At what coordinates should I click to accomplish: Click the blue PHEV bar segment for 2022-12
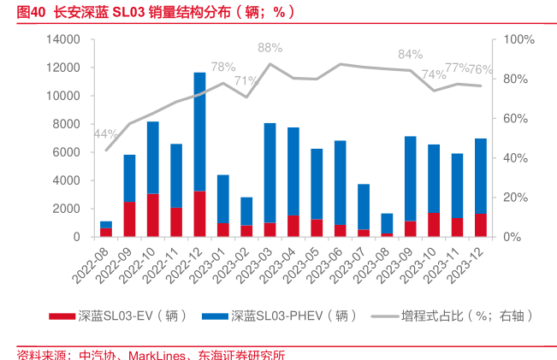(x=199, y=131)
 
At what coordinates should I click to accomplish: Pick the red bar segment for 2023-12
(x=481, y=224)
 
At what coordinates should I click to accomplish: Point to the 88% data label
(x=270, y=48)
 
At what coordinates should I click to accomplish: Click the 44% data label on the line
(x=106, y=134)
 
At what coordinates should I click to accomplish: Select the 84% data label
(x=411, y=55)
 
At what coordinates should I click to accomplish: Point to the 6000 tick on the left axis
(x=68, y=152)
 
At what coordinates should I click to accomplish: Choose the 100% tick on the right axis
(x=518, y=39)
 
